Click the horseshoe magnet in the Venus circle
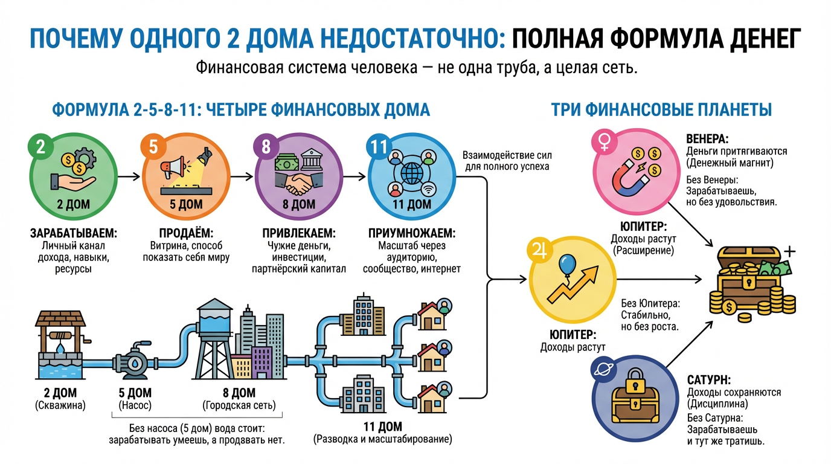click(x=627, y=179)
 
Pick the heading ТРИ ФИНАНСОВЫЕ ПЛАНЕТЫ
click(x=661, y=110)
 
